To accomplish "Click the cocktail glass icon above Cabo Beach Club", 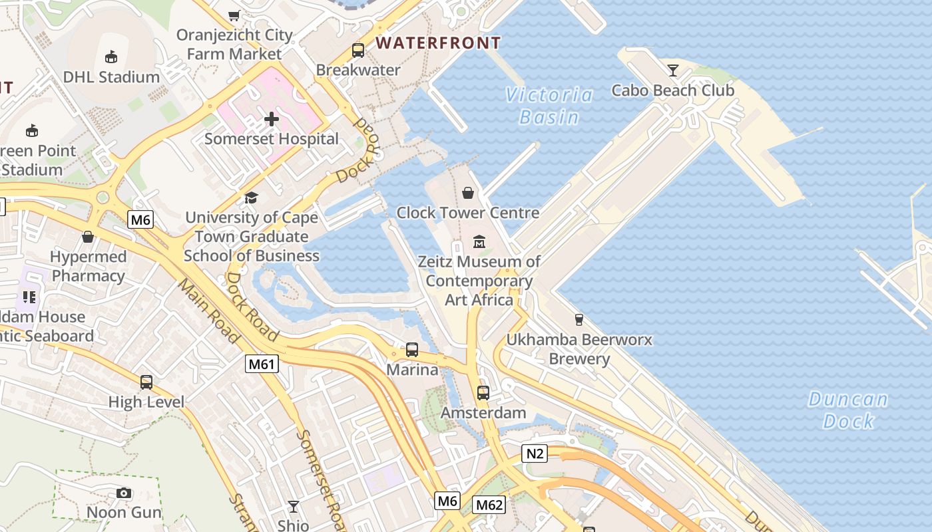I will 673,70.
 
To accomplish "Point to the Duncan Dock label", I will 848,410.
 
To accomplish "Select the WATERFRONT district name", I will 438,43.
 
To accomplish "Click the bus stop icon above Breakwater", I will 358,51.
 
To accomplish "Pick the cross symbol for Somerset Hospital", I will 271,120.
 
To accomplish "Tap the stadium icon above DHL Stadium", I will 111,57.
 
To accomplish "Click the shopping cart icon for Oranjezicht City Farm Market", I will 234,15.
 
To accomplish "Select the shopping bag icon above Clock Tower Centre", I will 468,193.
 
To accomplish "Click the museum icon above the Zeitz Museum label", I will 479,241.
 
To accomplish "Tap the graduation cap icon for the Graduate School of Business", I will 251,198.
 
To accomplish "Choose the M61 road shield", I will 262,364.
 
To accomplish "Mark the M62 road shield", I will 489,505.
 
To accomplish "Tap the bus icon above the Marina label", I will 412,350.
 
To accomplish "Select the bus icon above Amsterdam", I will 483,393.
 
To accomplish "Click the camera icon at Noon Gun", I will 124,493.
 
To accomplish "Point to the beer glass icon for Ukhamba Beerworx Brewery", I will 579,320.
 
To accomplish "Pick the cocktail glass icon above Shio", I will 293,507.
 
